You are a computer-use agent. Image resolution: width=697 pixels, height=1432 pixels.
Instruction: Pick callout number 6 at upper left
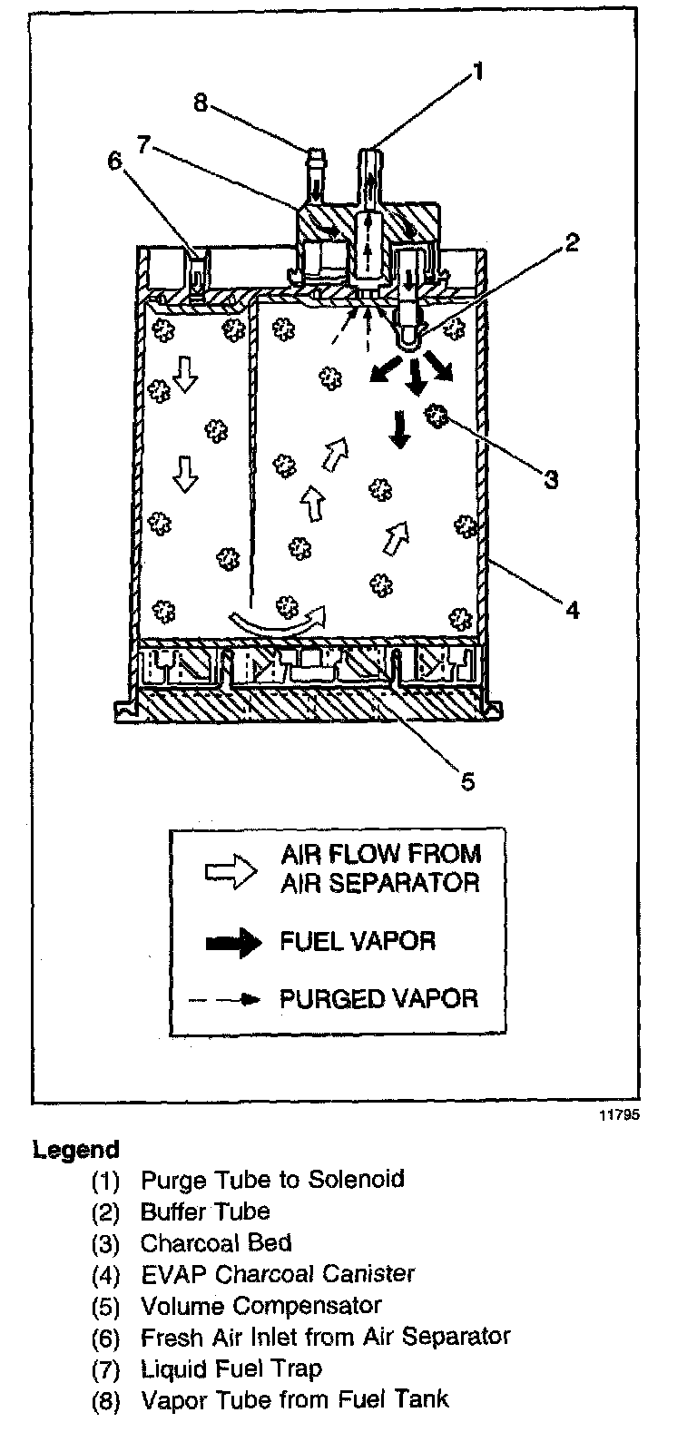pos(114,161)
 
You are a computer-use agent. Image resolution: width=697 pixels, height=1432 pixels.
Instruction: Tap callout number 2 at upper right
pos(570,241)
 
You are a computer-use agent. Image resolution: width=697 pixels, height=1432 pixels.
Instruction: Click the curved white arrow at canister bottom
pos(278,623)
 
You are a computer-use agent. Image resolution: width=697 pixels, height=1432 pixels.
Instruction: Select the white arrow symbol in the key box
pos(232,868)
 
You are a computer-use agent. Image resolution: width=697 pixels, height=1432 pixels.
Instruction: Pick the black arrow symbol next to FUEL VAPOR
pos(232,941)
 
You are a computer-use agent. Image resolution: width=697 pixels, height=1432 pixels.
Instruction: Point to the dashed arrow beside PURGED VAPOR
pos(226,1000)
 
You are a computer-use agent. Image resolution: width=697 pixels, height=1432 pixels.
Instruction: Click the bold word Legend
pos(76,1150)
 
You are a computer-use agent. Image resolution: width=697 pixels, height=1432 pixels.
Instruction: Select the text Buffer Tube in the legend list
pos(205,1211)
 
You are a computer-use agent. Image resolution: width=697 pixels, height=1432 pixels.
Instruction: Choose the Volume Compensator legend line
pos(260,1305)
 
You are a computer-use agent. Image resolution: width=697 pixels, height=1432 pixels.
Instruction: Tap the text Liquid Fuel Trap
pos(231,1368)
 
